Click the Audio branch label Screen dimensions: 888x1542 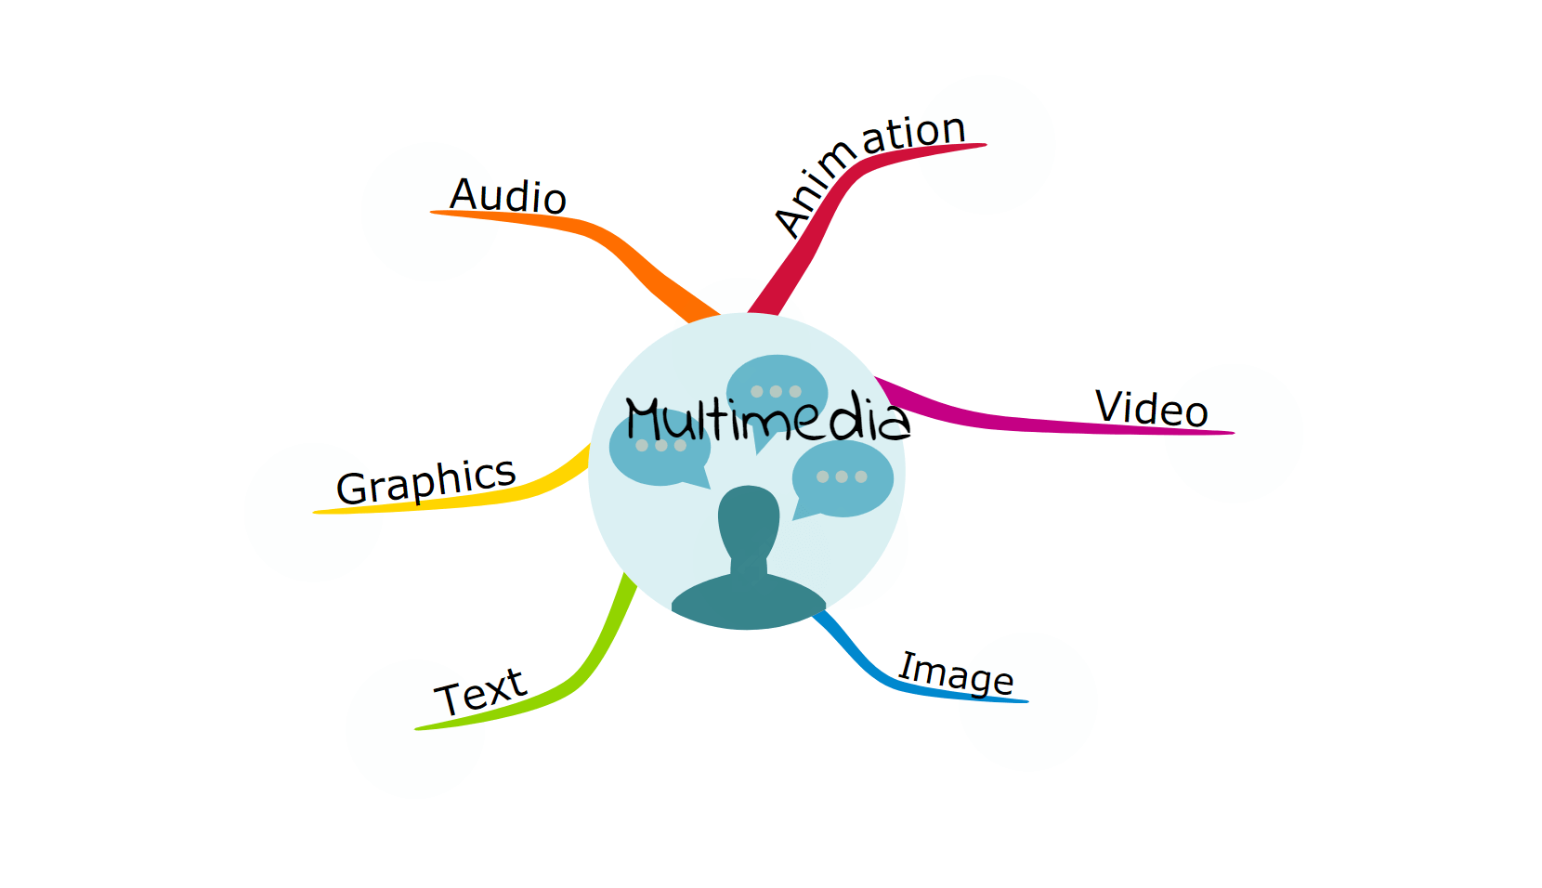point(507,196)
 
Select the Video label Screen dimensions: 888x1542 point(1151,409)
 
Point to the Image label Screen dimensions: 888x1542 point(956,673)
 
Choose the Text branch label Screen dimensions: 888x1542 point(480,692)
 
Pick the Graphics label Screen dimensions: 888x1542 point(425,481)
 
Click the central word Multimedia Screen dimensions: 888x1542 point(767,419)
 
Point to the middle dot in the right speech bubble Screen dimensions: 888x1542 point(842,477)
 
